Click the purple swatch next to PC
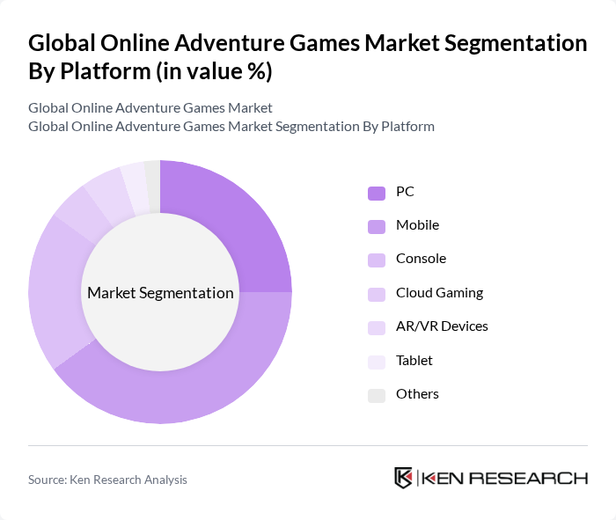(377, 192)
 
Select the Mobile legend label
(417, 224)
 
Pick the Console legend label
(421, 259)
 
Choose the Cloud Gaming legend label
(439, 292)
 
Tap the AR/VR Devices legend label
(442, 326)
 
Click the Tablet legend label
(414, 360)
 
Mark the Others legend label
(417, 394)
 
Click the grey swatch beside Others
(377, 395)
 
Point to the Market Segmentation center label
(160, 293)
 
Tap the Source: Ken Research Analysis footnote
(107, 480)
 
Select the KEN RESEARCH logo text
(504, 478)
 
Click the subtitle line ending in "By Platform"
(231, 126)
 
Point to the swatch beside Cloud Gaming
(377, 294)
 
